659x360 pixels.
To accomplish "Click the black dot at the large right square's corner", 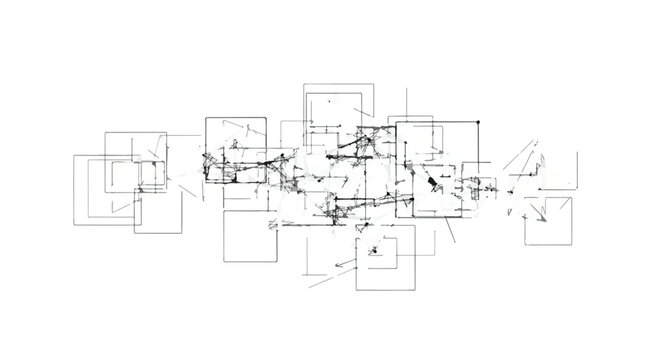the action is (477, 122).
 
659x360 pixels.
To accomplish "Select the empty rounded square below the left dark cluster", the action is (249, 237).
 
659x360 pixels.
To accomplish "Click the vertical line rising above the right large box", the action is (407, 103).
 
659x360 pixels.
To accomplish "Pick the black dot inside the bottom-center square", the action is (373, 250).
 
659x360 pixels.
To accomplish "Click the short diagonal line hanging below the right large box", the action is (451, 231).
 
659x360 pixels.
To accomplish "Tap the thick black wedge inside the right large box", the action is (433, 184).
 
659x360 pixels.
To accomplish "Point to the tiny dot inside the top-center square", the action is (330, 100).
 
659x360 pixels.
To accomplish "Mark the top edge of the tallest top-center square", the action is (339, 85).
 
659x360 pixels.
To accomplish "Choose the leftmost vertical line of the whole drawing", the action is (75, 190).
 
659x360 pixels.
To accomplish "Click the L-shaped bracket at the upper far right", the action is (518, 162).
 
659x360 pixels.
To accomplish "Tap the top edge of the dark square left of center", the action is (236, 118).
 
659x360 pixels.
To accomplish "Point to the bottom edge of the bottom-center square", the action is (384, 290).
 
